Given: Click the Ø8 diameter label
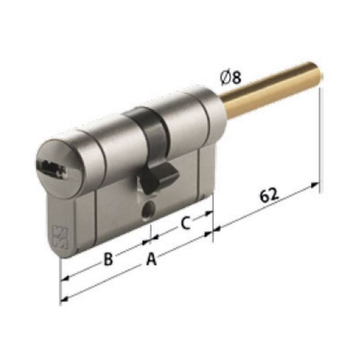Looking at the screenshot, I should coord(231,77).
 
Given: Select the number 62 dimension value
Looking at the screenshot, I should coord(269,196).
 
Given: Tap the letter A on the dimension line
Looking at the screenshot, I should coord(152,259).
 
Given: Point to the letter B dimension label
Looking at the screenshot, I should coord(108,259).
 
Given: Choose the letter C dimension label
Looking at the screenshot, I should coord(186,222).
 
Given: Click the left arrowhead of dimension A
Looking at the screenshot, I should coord(63,298).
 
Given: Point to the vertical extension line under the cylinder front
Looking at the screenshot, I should coord(60,279).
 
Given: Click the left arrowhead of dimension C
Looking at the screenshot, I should coord(153,236).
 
